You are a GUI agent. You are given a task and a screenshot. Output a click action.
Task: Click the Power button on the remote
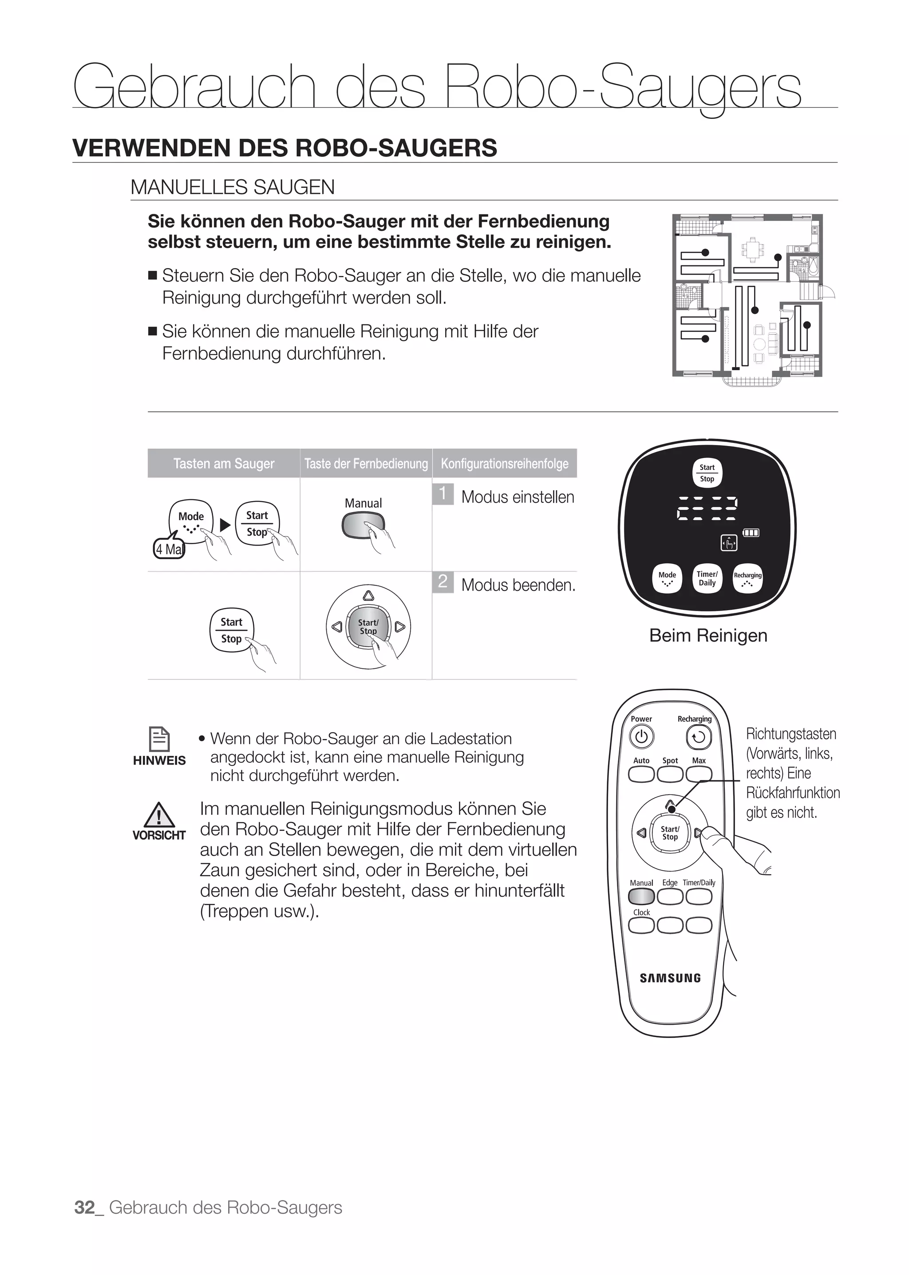641,737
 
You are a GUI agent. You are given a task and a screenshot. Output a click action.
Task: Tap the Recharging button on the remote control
699,737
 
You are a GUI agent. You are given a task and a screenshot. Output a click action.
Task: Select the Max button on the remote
699,774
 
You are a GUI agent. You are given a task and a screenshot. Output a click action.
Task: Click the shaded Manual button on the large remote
641,896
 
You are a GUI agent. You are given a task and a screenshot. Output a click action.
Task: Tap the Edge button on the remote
670,896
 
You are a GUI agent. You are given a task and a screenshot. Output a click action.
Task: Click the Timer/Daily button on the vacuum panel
707,578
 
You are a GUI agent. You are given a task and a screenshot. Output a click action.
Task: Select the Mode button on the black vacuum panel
667,578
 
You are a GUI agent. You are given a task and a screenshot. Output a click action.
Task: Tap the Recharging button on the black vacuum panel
748,578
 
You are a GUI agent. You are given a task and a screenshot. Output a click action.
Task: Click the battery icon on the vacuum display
751,532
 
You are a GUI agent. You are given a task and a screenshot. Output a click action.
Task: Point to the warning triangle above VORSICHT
159,815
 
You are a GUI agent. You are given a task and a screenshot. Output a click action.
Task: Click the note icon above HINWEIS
159,739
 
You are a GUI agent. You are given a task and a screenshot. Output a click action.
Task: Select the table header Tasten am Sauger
224,463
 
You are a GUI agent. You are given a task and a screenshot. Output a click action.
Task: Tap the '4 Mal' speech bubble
169,549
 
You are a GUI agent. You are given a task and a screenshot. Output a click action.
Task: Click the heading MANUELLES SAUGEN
232,187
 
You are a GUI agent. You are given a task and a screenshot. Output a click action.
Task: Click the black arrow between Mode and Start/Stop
225,525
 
